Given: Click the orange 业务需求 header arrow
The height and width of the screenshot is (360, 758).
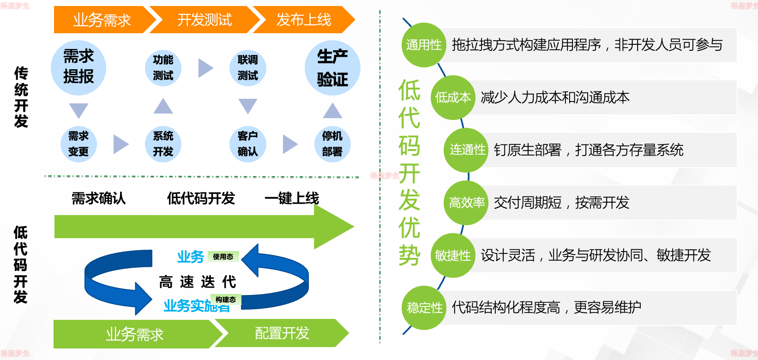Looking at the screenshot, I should tap(102, 20).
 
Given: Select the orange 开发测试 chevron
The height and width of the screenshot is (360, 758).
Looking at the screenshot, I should tap(205, 20).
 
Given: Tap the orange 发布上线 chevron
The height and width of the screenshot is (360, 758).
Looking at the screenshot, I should tap(304, 20).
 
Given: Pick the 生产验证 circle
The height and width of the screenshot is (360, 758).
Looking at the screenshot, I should tap(332, 68).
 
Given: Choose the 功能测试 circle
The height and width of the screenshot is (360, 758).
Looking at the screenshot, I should tap(163, 68).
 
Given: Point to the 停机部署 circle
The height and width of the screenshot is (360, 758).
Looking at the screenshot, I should tap(332, 144).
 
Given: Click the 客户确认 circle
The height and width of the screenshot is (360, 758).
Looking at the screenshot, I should tap(248, 144).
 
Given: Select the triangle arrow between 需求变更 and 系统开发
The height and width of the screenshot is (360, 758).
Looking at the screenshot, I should tap(120, 144).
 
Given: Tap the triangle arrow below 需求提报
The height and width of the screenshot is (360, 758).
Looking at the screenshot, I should tap(78, 110).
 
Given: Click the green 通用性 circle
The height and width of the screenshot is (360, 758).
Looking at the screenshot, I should tap(424, 45).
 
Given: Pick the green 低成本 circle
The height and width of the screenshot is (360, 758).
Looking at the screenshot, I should tap(453, 97).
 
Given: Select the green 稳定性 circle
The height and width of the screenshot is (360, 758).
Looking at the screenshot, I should tap(424, 307).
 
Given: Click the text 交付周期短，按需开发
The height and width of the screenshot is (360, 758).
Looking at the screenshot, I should tap(561, 202).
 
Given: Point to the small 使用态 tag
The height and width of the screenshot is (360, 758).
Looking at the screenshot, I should tap(223, 257).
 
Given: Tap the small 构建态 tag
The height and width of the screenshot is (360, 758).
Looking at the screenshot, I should tap(225, 300).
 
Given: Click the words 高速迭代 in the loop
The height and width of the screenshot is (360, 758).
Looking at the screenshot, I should tap(198, 282).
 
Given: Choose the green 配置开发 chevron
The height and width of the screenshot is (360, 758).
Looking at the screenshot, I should tap(282, 333).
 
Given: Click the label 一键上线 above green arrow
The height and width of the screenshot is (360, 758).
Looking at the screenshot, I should tap(292, 198).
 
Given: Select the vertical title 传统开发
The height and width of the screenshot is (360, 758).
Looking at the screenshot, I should tap(21, 97).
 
